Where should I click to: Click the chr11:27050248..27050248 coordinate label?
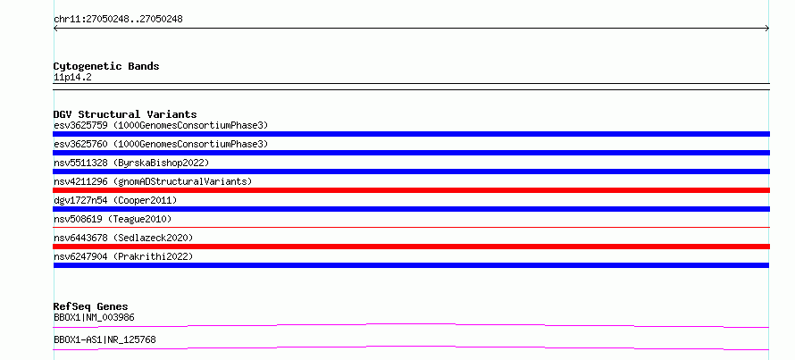[x=118, y=20]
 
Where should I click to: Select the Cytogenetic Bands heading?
[x=106, y=66]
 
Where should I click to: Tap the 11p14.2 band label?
[x=72, y=78]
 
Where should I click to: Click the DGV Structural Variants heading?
[x=125, y=114]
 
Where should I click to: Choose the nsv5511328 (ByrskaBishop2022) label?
[x=131, y=163]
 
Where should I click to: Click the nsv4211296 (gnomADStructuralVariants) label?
[x=153, y=181]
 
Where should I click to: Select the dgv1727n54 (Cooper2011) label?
[x=115, y=200]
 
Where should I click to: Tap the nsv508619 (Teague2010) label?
[x=113, y=219]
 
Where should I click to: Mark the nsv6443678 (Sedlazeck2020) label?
[x=123, y=238]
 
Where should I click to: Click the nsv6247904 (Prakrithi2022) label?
[x=123, y=256]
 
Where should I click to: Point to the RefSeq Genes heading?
[x=91, y=306]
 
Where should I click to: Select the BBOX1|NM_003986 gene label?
[x=94, y=317]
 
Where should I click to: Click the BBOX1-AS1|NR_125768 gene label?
[x=105, y=339]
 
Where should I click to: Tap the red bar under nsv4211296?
[x=411, y=190]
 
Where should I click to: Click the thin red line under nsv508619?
[x=411, y=227]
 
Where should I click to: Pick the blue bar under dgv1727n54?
[x=411, y=209]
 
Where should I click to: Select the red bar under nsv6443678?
[x=411, y=247]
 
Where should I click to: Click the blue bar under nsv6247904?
[x=411, y=265]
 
